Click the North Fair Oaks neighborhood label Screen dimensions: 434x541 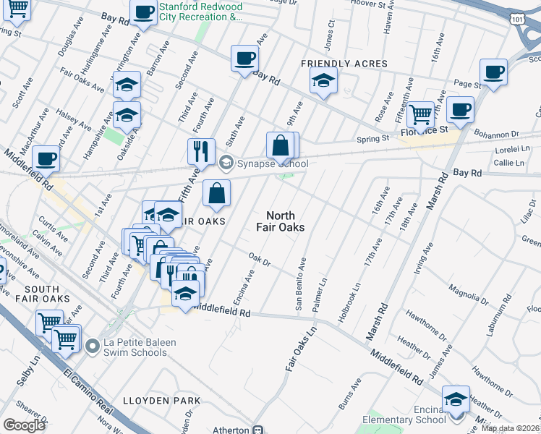285,221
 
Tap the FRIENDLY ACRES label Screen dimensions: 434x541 344,64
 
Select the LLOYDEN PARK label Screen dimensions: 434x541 161,400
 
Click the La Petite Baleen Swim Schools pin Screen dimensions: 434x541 91,346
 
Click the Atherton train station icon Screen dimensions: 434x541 257,430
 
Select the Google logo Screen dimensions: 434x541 24,425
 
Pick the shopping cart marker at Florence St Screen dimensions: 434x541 419,114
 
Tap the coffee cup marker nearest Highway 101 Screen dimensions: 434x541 493,72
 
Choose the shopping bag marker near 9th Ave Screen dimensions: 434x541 280,145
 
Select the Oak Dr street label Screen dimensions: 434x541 259,260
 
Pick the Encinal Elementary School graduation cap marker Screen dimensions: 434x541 456,399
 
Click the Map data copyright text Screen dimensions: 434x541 511,428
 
